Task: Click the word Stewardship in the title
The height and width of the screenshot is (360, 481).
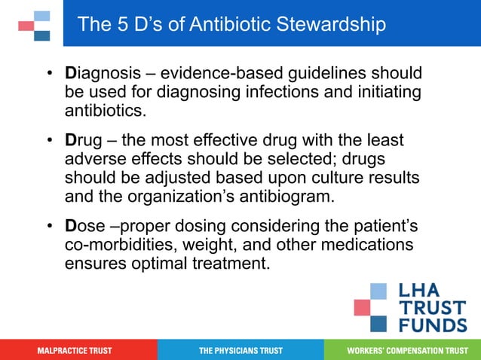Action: pyautogui.click(x=329, y=24)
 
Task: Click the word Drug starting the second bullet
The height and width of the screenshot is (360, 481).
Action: pyautogui.click(x=83, y=141)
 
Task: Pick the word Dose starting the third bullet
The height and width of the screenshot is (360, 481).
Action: pyautogui.click(x=84, y=226)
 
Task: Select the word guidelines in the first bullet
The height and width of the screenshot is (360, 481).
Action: pyautogui.click(x=354, y=75)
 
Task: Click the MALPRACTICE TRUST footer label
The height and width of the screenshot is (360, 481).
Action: pyautogui.click(x=75, y=351)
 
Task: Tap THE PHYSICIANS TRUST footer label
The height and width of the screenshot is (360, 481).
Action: pyautogui.click(x=240, y=351)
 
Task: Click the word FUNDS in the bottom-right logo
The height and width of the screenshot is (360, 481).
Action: pyautogui.click(x=434, y=325)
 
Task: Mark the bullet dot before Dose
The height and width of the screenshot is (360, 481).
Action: pyautogui.click(x=49, y=226)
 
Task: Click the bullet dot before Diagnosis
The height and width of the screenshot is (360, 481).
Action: pyautogui.click(x=49, y=75)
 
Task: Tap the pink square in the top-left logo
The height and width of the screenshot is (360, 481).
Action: pyautogui.click(x=26, y=26)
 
